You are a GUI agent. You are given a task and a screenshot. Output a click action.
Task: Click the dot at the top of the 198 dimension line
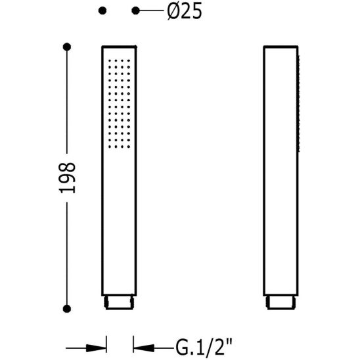(67, 47)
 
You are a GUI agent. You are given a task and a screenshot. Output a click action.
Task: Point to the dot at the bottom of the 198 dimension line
(67, 308)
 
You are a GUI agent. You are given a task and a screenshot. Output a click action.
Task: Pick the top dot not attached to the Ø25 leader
(102, 11)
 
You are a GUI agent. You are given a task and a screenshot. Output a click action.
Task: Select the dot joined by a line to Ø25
(135, 11)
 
